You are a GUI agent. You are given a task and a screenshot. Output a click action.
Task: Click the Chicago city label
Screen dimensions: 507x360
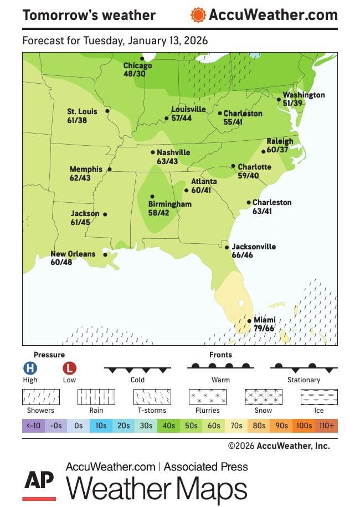point(137,65)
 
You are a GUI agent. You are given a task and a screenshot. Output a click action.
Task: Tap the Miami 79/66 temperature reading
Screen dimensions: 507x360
point(264,329)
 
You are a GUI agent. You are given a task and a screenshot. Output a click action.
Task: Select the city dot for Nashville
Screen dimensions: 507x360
point(153,152)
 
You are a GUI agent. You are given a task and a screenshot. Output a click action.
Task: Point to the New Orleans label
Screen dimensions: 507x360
point(73,254)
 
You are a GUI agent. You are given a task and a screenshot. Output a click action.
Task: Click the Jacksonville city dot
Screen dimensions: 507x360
point(227,248)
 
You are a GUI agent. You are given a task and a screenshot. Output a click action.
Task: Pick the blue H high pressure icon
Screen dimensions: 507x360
point(30,367)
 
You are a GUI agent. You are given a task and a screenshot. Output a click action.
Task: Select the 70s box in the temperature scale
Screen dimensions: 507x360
point(236,426)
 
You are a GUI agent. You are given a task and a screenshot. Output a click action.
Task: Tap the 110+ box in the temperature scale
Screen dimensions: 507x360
point(326,426)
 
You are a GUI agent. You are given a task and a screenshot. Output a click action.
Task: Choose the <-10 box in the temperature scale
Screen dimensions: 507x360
point(33,426)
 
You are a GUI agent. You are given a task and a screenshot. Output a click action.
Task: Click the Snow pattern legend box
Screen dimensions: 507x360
point(263,397)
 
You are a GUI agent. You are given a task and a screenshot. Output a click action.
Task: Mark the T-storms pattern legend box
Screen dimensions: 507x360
point(152,397)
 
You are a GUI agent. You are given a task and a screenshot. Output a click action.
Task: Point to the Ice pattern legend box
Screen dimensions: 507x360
point(319,397)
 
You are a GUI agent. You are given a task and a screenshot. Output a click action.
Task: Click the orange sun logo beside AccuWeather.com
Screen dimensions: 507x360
point(198,15)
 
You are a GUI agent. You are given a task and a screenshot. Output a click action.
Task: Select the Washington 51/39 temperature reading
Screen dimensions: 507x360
point(293,103)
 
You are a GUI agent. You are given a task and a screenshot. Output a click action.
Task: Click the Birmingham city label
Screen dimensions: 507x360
point(169,204)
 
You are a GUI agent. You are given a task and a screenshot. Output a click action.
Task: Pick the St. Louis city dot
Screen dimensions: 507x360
point(107,111)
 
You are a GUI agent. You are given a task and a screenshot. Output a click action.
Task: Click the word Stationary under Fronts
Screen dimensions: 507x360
point(304,380)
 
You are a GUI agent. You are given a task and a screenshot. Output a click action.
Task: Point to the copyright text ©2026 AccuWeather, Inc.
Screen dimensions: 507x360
point(279,445)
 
